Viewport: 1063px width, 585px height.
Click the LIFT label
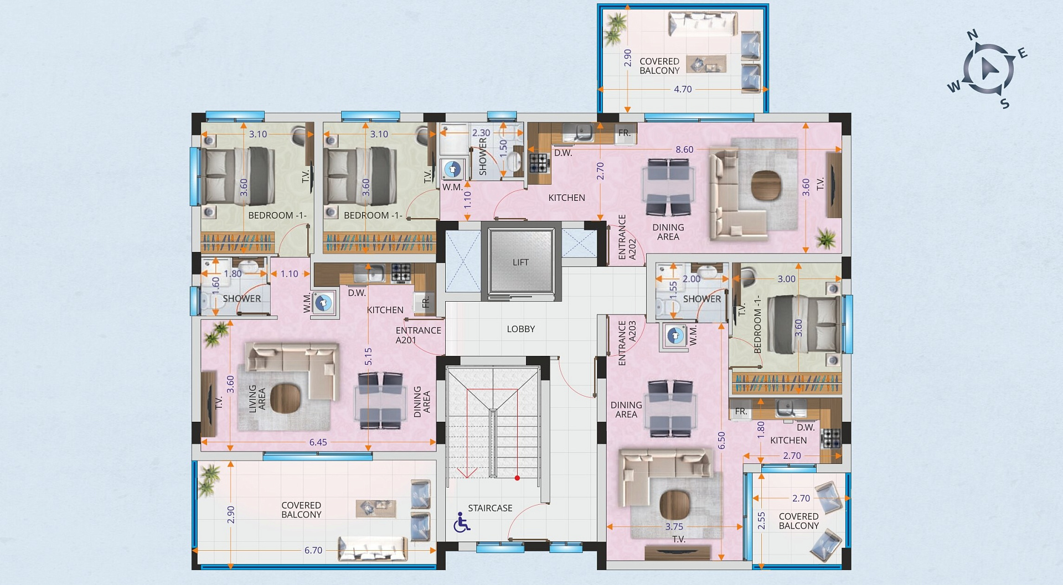pyautogui.click(x=520, y=262)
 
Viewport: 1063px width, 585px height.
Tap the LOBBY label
pyautogui.click(x=521, y=329)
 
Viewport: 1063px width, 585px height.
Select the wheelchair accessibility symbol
pyautogui.click(x=462, y=522)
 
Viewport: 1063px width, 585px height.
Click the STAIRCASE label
pyautogui.click(x=490, y=508)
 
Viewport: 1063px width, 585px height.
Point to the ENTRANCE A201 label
pyautogui.click(x=418, y=335)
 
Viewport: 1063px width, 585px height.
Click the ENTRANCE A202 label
pyautogui.click(x=627, y=237)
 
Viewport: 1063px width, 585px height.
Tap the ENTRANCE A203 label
pyautogui.click(x=627, y=343)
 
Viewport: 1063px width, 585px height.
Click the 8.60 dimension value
pyautogui.click(x=684, y=149)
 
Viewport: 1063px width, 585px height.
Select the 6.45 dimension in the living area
pyautogui.click(x=318, y=442)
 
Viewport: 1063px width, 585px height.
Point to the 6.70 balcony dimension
pyautogui.click(x=313, y=550)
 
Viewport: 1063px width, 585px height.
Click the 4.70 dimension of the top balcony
pyautogui.click(x=683, y=89)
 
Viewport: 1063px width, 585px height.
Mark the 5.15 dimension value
pyautogui.click(x=368, y=356)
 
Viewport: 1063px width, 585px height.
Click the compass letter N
pyautogui.click(x=972, y=35)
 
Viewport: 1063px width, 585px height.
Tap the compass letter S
pyautogui.click(x=1005, y=103)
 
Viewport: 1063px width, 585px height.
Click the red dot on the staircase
pyautogui.click(x=517, y=478)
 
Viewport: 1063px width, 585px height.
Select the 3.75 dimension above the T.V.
pyautogui.click(x=674, y=527)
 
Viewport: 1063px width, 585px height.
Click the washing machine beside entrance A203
pyautogui.click(x=674, y=335)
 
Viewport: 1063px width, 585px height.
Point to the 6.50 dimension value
pyautogui.click(x=721, y=441)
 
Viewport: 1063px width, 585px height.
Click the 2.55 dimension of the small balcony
pyautogui.click(x=761, y=520)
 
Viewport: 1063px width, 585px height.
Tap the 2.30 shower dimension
pyautogui.click(x=481, y=133)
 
